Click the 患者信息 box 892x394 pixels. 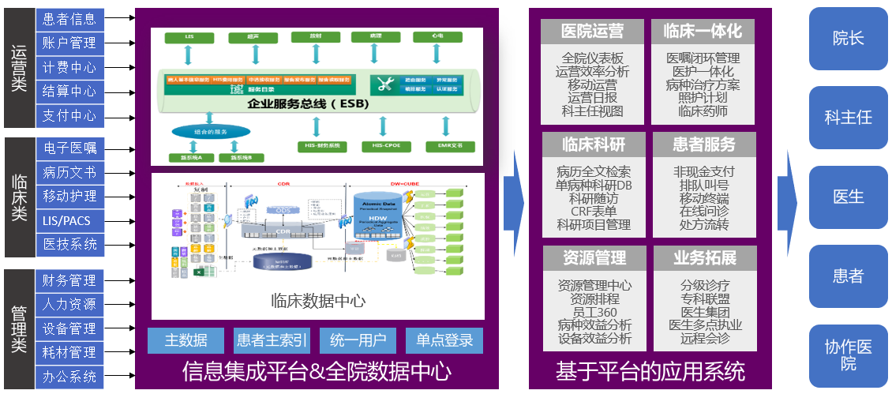69,18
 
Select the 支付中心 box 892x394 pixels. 69,115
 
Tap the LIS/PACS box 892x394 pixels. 69,220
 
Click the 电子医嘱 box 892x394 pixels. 69,148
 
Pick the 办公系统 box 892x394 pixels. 69,377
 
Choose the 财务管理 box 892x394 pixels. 69,280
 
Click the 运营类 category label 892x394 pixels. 19,68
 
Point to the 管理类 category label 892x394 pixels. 19,328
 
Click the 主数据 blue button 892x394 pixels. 186,341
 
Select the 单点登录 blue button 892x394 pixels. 444,341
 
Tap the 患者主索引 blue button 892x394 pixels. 272,341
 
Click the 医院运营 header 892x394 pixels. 592,32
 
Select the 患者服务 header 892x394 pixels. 704,144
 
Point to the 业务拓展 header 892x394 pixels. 704,258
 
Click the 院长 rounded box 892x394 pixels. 849,39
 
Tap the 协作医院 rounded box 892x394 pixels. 849,355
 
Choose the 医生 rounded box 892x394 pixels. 849,197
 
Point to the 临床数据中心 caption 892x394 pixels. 317,301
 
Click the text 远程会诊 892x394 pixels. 704,338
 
